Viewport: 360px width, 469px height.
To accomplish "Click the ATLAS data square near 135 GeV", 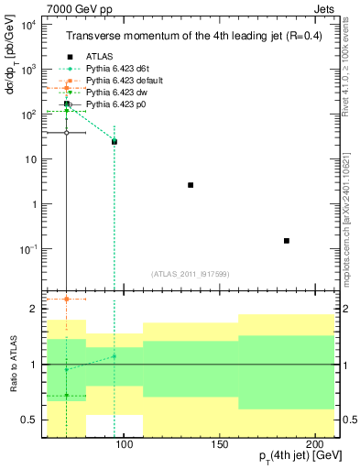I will (191, 185).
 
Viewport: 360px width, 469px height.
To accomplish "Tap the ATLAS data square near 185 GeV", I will (287, 241).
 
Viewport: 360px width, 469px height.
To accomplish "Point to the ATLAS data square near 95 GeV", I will (115, 142).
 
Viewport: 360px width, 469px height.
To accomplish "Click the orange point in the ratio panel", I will (67, 299).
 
